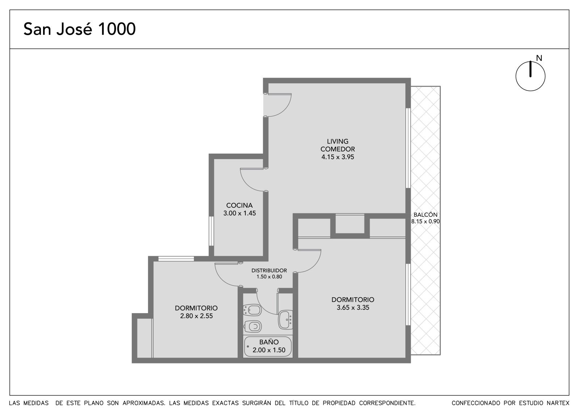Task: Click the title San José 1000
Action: click(79, 29)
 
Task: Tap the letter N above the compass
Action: click(539, 58)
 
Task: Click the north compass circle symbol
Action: click(531, 76)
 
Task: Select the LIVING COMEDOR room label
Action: click(338, 145)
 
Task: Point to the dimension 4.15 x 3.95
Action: click(338, 157)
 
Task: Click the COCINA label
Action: click(239, 205)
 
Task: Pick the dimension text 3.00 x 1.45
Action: click(239, 213)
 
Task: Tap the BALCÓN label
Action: click(426, 214)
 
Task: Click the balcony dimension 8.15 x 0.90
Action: click(426, 221)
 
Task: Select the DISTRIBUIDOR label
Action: click(269, 270)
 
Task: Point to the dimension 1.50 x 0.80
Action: click(269, 277)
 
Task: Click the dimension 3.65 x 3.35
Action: click(353, 307)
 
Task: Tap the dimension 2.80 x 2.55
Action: click(196, 316)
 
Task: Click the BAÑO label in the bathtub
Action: click(269, 342)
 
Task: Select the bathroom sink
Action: click(286, 320)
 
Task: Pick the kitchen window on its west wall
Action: click(211, 231)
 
